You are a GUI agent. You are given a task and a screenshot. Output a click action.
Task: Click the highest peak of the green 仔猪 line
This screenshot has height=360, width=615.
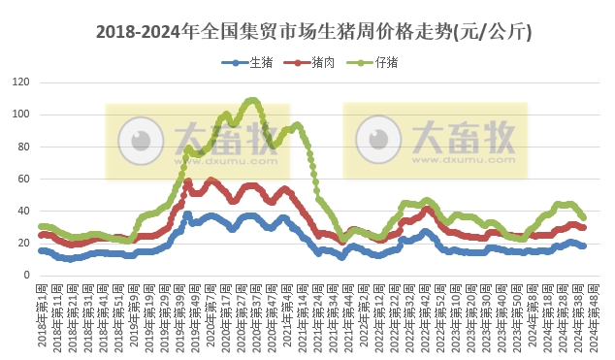[252, 100]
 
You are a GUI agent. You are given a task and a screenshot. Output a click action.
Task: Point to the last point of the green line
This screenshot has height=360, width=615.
[583, 217]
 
